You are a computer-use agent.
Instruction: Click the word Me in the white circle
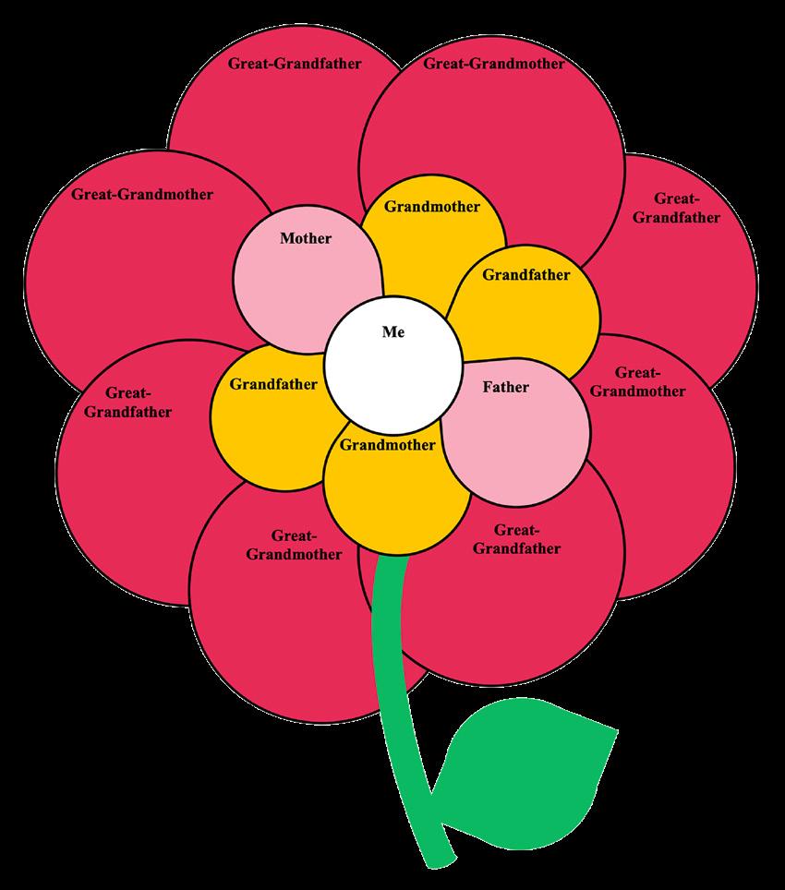pos(393,332)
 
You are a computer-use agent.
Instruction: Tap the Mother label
pos(306,238)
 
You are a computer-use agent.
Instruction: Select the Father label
pos(506,387)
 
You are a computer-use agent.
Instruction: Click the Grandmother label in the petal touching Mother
pos(432,207)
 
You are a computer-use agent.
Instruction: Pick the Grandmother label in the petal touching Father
pos(387,445)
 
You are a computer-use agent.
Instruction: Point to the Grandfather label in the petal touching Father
pos(526,274)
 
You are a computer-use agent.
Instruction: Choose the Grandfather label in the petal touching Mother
pos(273,384)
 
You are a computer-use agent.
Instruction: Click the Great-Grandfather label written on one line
pos(295,64)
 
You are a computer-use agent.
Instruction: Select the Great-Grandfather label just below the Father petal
pos(516,539)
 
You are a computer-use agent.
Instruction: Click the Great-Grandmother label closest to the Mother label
pos(142,195)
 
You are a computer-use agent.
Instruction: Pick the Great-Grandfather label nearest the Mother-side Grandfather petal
pos(127,403)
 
